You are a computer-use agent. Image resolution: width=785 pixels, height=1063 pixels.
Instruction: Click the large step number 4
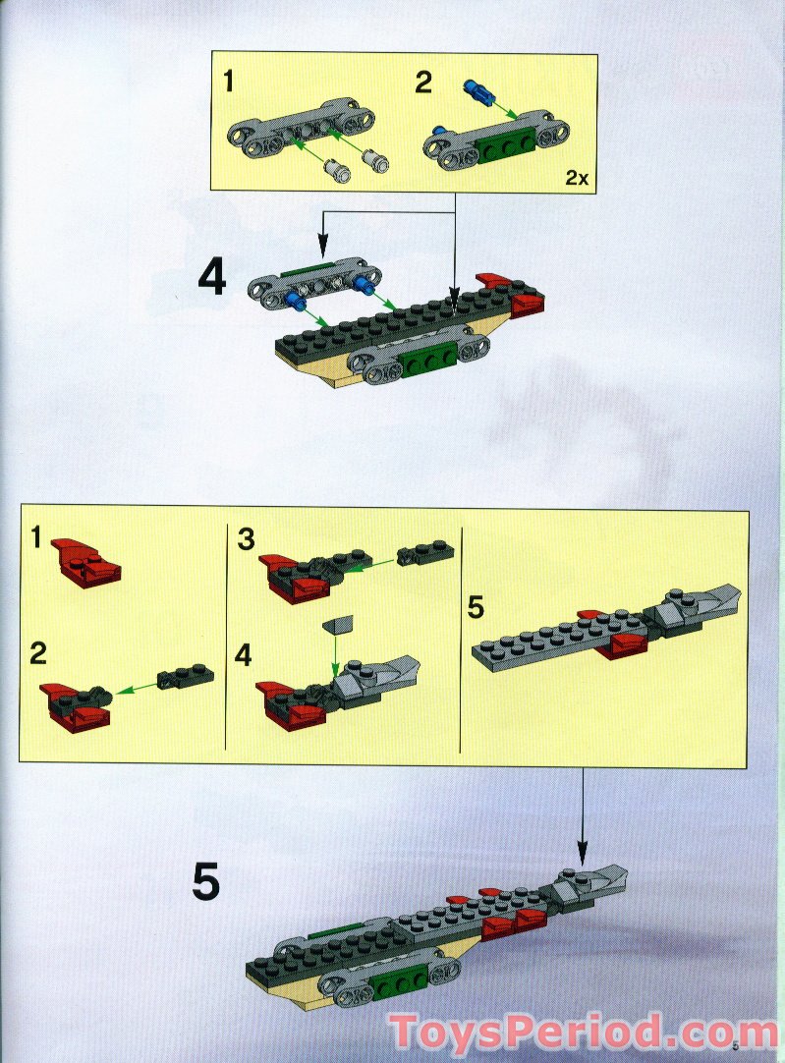[x=212, y=279]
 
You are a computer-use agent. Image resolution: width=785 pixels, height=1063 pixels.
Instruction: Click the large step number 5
[x=205, y=881]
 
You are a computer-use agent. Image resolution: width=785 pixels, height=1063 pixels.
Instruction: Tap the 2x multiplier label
[x=576, y=178]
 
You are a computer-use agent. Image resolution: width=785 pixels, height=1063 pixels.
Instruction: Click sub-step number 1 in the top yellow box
[x=228, y=82]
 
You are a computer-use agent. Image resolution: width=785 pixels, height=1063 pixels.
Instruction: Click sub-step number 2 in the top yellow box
[x=422, y=82]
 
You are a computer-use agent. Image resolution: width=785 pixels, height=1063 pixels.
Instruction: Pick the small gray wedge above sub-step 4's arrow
[x=337, y=625]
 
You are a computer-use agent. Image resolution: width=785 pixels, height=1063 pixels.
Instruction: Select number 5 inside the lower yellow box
[x=476, y=608]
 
